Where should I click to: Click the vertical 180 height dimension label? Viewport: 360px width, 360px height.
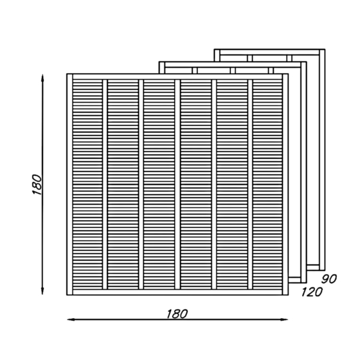37,185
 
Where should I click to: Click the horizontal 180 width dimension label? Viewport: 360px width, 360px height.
177,314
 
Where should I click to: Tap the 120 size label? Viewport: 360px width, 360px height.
312,292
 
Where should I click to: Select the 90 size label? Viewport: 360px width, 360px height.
329,279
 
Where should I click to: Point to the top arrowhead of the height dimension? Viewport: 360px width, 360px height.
42,78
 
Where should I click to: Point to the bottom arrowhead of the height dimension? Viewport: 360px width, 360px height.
42,291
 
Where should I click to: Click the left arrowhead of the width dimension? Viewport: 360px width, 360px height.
71,319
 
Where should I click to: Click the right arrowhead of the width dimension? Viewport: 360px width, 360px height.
284,319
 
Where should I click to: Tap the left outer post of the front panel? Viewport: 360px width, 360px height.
70,184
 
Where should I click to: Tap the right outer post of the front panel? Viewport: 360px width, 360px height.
286,184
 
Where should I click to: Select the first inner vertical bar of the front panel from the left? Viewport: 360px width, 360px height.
105,184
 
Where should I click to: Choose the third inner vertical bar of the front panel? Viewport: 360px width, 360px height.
178,184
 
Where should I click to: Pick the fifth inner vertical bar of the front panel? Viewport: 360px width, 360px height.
250,184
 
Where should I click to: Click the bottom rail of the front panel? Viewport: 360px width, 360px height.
178,292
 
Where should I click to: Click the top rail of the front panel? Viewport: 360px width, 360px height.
178,77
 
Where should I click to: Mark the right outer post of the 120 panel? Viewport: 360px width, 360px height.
304,172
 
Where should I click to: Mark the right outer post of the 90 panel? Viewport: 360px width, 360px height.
322,160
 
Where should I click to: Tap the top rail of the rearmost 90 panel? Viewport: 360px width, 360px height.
269,52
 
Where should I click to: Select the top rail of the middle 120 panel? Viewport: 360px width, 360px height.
233,65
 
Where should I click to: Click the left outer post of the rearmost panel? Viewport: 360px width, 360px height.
217,55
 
